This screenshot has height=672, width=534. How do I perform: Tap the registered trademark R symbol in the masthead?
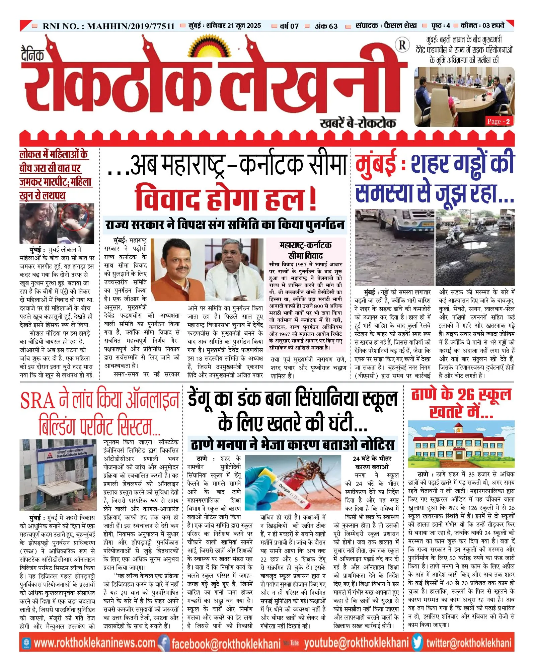[x=402, y=45]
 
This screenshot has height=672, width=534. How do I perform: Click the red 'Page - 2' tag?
[x=499, y=121]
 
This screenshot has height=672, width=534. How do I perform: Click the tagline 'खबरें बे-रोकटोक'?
[x=358, y=123]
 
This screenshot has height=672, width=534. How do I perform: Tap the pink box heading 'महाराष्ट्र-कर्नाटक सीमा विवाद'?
[x=305, y=250]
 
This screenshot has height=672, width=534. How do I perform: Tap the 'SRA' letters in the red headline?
[x=37, y=401]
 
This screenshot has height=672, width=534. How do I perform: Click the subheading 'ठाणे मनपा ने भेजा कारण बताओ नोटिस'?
[x=292, y=445]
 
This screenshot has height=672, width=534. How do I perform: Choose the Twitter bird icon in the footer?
[x=417, y=643]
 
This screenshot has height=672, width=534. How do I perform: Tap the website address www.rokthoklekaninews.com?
[x=94, y=643]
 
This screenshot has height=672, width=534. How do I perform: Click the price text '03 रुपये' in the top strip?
[x=493, y=25]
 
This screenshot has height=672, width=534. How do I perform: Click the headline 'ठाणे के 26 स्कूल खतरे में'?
[x=461, y=403]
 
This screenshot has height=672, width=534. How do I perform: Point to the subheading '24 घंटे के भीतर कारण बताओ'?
[x=372, y=462]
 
